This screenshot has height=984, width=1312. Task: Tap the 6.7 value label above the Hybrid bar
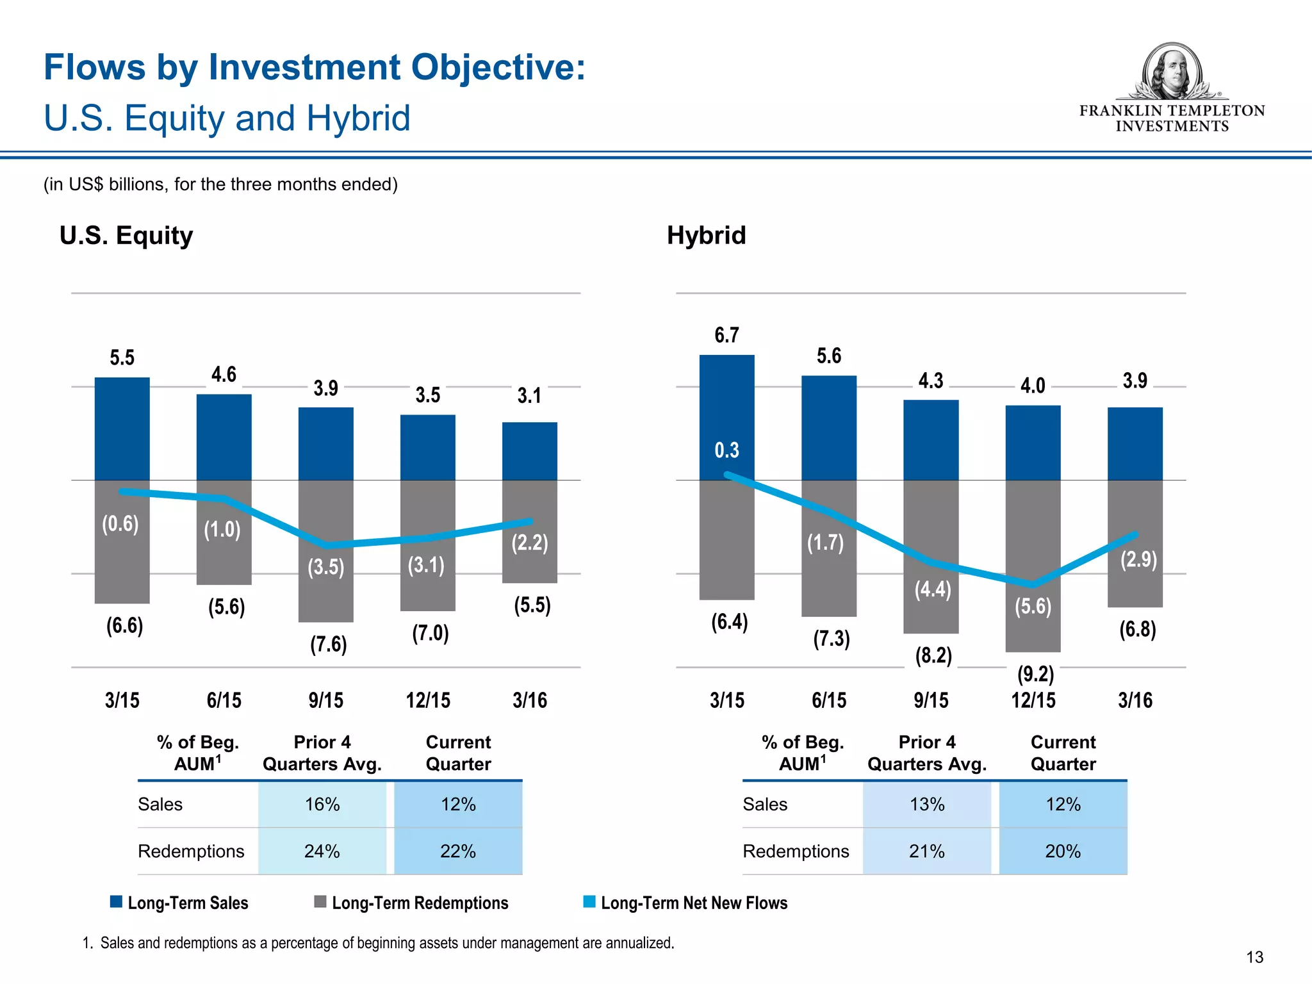[726, 335]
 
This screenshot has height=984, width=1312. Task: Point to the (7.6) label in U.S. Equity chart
[328, 644]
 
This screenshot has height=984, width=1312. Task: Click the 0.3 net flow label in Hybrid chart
[726, 450]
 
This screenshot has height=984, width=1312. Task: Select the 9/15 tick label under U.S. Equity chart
[325, 700]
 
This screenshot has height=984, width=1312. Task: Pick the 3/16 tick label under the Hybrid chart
[1135, 700]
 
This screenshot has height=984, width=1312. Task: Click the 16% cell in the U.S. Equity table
[322, 804]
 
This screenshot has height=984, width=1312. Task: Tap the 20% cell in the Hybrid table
[1062, 851]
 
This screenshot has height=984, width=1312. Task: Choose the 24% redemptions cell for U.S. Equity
[322, 851]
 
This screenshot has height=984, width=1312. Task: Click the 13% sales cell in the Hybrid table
[926, 804]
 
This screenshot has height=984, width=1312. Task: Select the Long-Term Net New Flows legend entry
[693, 903]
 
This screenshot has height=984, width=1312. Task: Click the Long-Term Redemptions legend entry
[419, 903]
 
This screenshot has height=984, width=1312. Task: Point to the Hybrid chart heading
[706, 235]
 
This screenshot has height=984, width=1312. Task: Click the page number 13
[1254, 957]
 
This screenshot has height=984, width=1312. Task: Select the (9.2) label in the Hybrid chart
[1035, 674]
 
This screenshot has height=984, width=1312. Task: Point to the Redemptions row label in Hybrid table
[795, 851]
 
